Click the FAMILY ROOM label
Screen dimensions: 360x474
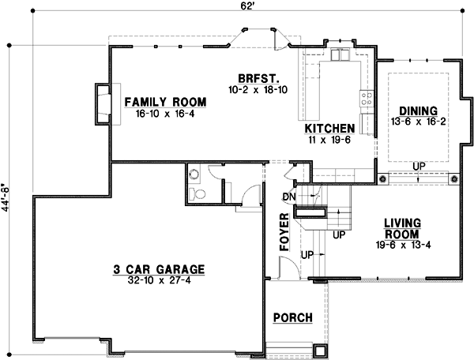164,102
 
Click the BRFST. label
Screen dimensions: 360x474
256,78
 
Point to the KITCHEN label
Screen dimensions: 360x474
329,127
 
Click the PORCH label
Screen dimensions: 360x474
292,318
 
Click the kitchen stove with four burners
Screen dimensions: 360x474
367,99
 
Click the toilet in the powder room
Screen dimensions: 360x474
198,192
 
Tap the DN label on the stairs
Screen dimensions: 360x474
288,196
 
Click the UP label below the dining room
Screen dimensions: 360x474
416,166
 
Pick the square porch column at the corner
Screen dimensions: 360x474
320,351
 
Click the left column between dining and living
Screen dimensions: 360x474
382,180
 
